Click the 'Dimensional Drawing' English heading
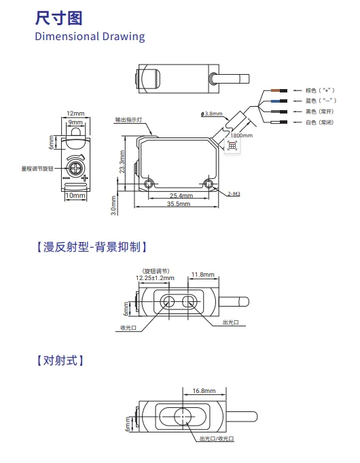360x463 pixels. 90,37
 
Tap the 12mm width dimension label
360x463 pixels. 75,114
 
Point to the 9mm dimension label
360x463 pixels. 75,122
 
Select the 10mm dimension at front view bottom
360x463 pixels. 75,196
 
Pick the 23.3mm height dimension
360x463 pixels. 122,162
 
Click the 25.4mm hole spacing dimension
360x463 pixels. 181,196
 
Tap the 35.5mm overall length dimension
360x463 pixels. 179,203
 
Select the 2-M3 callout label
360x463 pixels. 234,194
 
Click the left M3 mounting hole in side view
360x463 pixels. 149,184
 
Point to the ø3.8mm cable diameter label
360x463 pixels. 211,114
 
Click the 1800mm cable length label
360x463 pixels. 241,135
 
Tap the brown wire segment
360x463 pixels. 275,90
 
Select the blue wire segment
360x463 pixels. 275,101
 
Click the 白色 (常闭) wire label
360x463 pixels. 319,122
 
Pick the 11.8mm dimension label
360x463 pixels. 202,275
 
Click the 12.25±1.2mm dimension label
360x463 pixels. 155,278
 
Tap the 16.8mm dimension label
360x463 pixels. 204,391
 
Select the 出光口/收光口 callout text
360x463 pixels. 217,439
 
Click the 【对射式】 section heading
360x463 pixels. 60,360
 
